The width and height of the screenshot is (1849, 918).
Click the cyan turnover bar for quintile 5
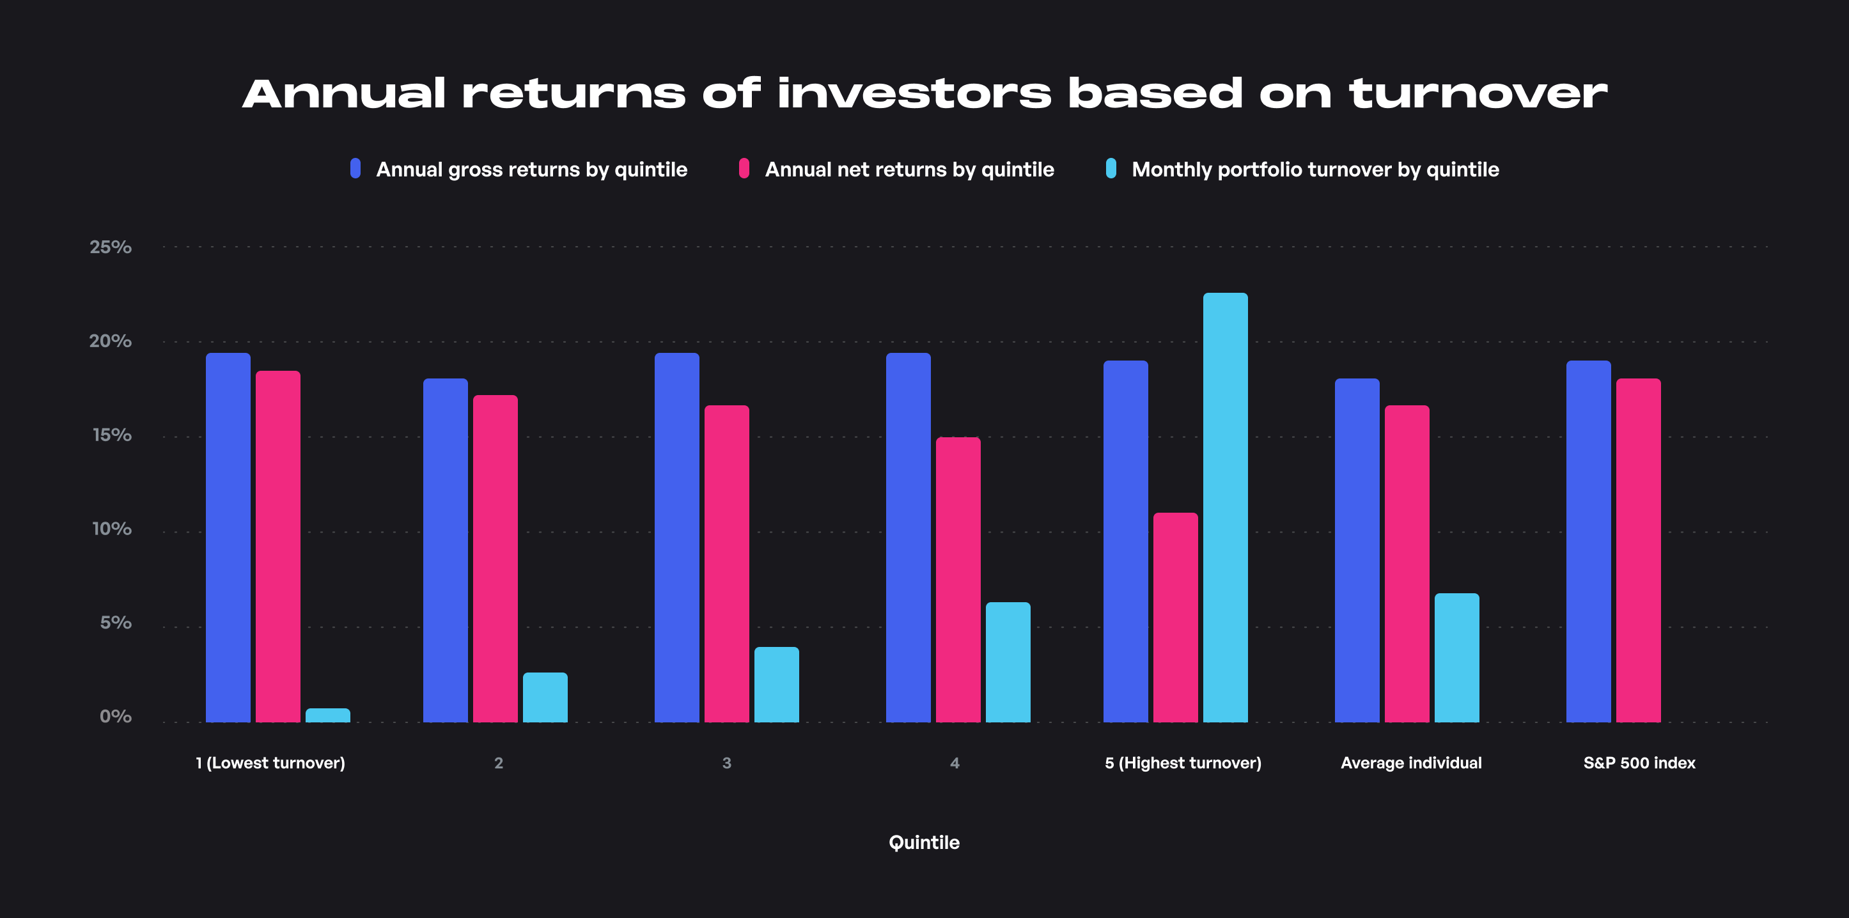(1225, 508)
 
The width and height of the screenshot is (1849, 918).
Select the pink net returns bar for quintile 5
(1176, 618)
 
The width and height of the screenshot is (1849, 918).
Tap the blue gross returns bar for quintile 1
(228, 538)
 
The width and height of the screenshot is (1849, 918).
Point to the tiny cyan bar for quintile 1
(328, 715)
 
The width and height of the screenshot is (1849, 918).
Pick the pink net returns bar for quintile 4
(958, 580)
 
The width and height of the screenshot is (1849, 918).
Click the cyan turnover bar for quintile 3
(777, 685)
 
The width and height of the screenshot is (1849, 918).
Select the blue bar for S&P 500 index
(1588, 541)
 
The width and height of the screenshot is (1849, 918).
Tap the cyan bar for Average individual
(1457, 657)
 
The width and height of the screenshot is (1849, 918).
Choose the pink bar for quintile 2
(495, 559)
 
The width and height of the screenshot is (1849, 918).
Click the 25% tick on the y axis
(111, 247)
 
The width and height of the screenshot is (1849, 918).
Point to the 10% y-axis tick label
(111, 529)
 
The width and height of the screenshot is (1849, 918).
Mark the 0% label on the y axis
(116, 717)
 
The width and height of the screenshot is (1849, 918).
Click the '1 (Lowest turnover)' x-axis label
(270, 763)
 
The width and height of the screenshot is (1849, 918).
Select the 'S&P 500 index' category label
(1639, 763)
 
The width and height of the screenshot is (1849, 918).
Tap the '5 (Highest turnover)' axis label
(1183, 763)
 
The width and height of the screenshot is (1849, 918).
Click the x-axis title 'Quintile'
(924, 843)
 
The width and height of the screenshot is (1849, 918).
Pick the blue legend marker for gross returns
(355, 168)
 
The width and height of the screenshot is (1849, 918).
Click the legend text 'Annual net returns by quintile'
(909, 169)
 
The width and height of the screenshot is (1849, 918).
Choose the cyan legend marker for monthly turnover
(1111, 168)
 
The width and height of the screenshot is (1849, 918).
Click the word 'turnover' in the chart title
(1478, 94)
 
